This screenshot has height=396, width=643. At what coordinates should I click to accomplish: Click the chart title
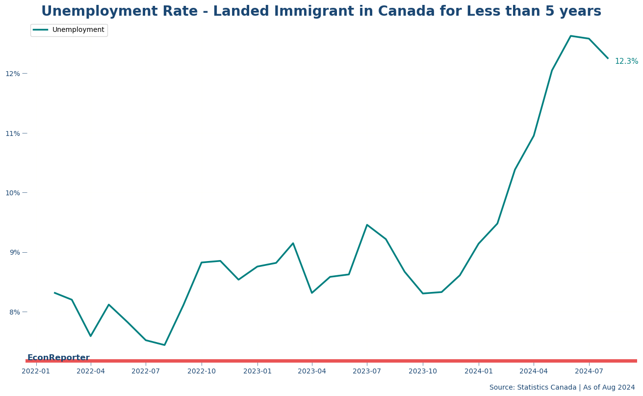pyautogui.click(x=321, y=11)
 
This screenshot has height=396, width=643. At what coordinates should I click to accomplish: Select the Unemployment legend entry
pyautogui.click(x=69, y=30)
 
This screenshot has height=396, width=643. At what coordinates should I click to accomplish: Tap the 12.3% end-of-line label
pyautogui.click(x=626, y=61)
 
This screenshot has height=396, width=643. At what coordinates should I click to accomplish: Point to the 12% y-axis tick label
pyautogui.click(x=13, y=74)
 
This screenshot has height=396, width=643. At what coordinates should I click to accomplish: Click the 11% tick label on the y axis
pyautogui.click(x=13, y=133)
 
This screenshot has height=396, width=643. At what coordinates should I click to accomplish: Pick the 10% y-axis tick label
pyautogui.click(x=13, y=193)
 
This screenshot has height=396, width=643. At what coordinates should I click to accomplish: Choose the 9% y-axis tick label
pyautogui.click(x=15, y=252)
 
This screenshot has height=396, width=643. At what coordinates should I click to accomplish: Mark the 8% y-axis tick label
pyautogui.click(x=15, y=312)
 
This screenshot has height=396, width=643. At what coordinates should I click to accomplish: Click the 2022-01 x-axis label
pyautogui.click(x=36, y=371)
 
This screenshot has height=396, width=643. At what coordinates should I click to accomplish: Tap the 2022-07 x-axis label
pyautogui.click(x=146, y=371)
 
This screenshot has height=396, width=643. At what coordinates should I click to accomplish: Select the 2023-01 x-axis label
pyautogui.click(x=257, y=371)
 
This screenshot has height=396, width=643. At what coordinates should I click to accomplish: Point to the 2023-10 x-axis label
pyautogui.click(x=423, y=371)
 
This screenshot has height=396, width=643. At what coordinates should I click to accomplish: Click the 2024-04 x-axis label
pyautogui.click(x=534, y=371)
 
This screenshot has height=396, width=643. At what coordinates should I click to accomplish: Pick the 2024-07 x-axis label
pyautogui.click(x=589, y=371)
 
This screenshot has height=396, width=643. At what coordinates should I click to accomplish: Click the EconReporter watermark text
pyautogui.click(x=58, y=358)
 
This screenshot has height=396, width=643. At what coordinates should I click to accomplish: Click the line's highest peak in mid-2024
pyautogui.click(x=570, y=36)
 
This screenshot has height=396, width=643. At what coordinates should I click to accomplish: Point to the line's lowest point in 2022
pyautogui.click(x=164, y=345)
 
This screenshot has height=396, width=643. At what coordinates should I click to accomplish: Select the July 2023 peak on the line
pyautogui.click(x=367, y=225)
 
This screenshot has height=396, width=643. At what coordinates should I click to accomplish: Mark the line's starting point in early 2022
pyautogui.click(x=54, y=292)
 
